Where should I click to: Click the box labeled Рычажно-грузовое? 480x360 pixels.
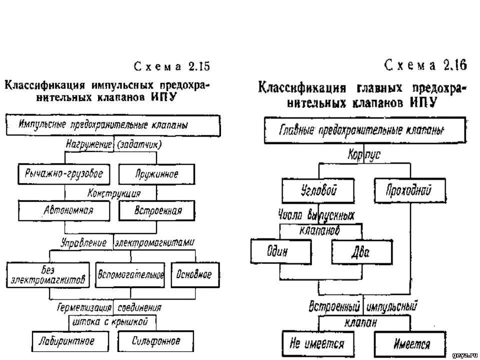tap(63, 174)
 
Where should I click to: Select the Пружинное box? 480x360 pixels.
tap(156, 174)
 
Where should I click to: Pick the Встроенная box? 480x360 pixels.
tap(156, 210)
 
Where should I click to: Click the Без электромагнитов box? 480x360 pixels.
tap(48, 274)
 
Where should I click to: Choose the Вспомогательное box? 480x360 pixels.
tap(130, 274)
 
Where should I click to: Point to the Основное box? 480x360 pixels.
tap(194, 274)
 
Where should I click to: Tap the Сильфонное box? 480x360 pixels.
tap(156, 341)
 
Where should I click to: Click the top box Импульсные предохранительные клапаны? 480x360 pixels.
tap(113, 125)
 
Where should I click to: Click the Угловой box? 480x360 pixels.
tap(318, 191)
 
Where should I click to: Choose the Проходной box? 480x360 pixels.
tap(409, 191)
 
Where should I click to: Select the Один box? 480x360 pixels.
tap(281, 252)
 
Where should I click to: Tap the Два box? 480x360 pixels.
tap(360, 252)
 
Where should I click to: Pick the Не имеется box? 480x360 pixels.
tap(317, 344)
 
